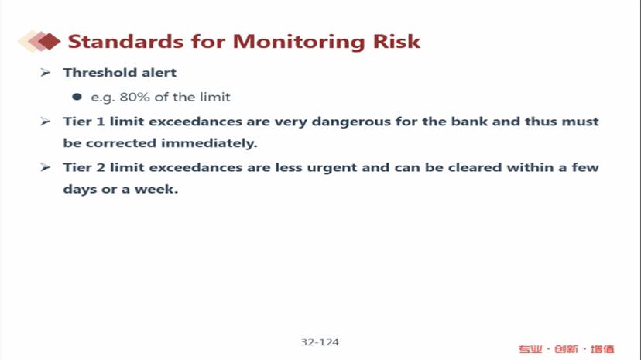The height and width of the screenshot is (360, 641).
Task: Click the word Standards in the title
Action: tap(125, 41)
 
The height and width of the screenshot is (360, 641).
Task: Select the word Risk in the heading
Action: tap(396, 41)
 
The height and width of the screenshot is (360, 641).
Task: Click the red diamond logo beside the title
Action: tap(39, 41)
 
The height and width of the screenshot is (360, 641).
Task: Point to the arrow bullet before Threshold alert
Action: tap(45, 73)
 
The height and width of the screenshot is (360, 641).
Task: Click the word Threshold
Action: tap(100, 72)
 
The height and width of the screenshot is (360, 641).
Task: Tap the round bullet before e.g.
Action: tap(77, 97)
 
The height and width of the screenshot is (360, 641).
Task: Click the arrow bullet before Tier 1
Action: tap(45, 122)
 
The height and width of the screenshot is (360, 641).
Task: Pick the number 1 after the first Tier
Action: tap(101, 122)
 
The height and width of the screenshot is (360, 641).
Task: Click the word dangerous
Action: tap(351, 122)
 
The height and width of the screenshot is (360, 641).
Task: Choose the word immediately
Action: tap(209, 143)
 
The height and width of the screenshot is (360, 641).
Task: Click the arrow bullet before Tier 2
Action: tap(45, 167)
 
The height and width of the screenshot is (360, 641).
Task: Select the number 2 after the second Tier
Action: tap(101, 167)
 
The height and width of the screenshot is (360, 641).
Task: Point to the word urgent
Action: tap(332, 168)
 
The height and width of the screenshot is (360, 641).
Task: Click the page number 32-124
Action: tap(320, 342)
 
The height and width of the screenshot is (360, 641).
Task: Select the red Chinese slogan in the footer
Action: tap(566, 349)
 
